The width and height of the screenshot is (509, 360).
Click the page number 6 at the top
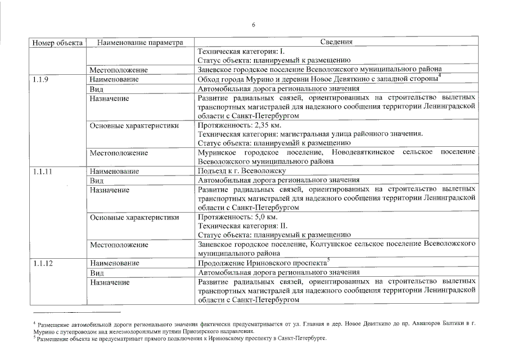coord(254,25)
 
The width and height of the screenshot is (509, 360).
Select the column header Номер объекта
coord(58,42)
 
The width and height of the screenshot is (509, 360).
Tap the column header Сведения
coord(336,42)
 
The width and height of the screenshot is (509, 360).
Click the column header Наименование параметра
coord(140,42)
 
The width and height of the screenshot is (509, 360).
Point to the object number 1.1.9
coord(40,80)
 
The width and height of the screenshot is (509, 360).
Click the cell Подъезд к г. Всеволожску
coord(242,171)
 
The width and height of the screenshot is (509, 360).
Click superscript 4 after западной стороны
coord(440,76)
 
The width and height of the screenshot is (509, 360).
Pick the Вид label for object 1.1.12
coord(97,272)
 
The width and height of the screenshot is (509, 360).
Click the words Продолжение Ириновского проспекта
coord(262,263)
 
